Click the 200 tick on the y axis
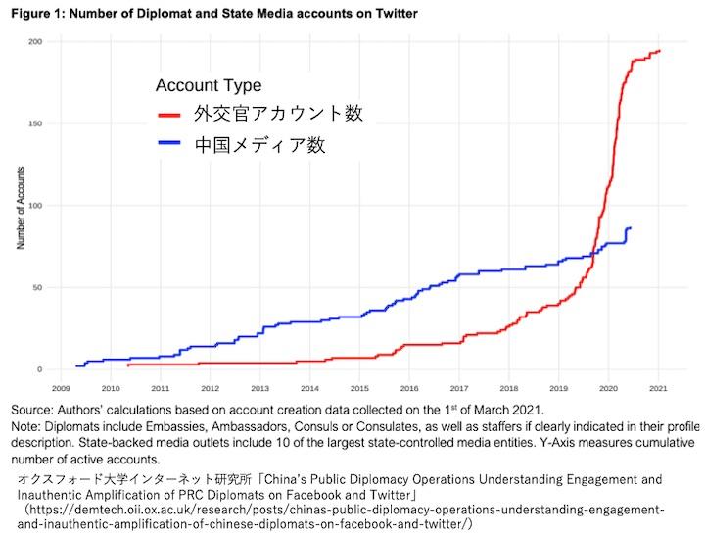pos(35,42)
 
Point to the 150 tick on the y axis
pos(35,124)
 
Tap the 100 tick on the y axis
pos(35,206)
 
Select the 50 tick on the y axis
pos(37,288)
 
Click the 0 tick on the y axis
pos(39,369)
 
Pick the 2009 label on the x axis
pos(60,388)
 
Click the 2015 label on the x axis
pos(358,388)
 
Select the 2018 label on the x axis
pos(508,388)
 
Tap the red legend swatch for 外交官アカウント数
pos(170,115)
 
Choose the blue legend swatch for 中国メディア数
pos(170,145)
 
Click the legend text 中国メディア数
pos(259,145)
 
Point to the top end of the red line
pos(659,51)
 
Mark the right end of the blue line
pos(630,228)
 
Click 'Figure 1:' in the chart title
pos(34,14)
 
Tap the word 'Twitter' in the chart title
pos(393,14)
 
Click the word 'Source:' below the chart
pos(31,408)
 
